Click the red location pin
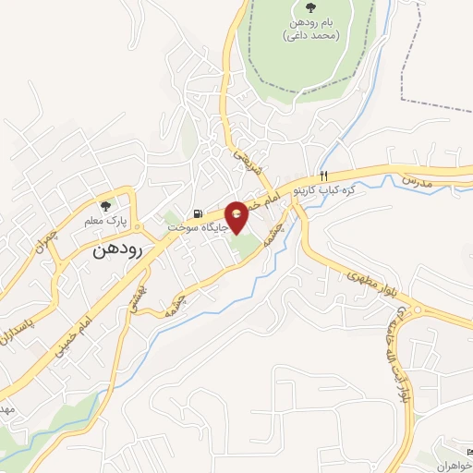[237, 216]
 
